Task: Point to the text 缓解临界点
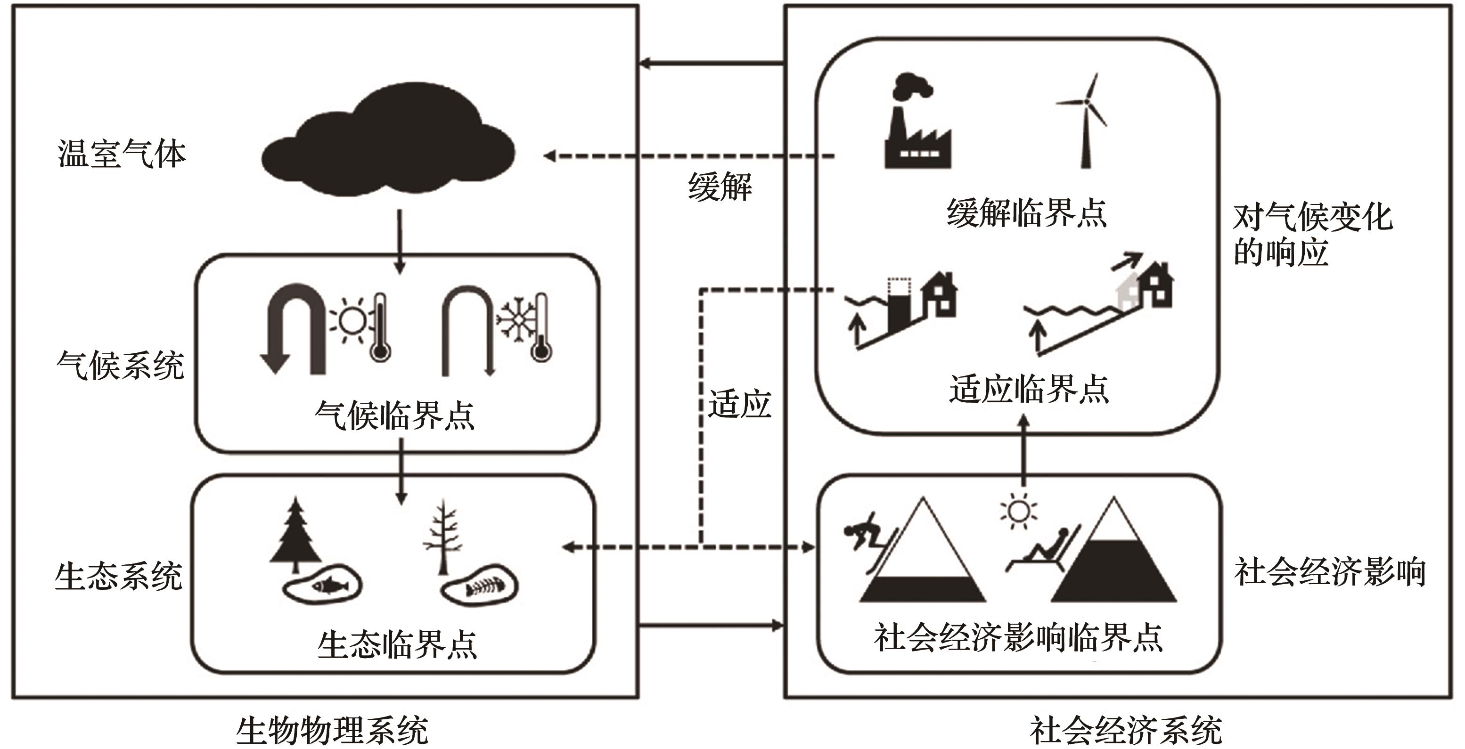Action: pyautogui.click(x=1026, y=213)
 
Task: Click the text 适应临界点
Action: pyautogui.click(x=1029, y=389)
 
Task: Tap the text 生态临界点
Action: pyautogui.click(x=397, y=644)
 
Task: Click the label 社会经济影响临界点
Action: pyautogui.click(x=1018, y=637)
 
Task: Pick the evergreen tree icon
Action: pyautogui.click(x=295, y=535)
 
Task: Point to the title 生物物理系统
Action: pyautogui.click(x=332, y=730)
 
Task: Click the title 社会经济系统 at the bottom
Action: pyautogui.click(x=1125, y=730)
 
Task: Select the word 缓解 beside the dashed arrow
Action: pyautogui.click(x=720, y=187)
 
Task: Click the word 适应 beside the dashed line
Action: pyautogui.click(x=739, y=404)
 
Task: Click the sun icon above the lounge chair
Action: pyautogui.click(x=1018, y=511)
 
